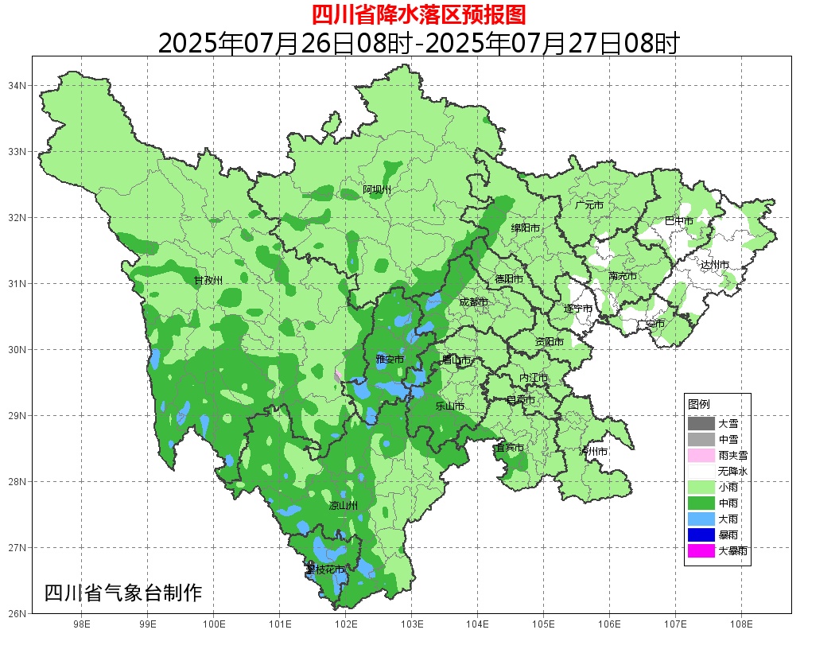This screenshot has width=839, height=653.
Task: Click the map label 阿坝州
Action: pos(378,189)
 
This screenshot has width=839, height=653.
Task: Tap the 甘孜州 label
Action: pos(208,280)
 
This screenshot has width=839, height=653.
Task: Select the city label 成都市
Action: pos(474,302)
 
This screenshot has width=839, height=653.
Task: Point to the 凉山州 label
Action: pos(344,506)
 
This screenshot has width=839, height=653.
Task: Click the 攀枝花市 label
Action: pos(325,569)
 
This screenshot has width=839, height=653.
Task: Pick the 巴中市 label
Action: pos(679,221)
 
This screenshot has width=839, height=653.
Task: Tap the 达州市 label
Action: pos(715,265)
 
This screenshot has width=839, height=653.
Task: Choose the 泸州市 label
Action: pos(593,451)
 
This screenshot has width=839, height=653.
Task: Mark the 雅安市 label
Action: pos(390,360)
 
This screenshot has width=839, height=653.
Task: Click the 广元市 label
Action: pos(589,205)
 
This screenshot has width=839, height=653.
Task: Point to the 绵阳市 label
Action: pos(526,228)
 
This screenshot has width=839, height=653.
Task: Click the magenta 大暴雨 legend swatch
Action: pos(701,550)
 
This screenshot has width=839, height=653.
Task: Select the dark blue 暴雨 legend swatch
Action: pos(701,534)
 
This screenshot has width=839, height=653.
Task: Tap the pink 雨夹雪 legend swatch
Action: pos(701,456)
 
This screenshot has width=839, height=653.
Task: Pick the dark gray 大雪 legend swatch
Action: pos(701,424)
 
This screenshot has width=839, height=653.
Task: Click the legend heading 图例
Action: pos(699,404)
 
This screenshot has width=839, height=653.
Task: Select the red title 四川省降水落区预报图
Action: pos(418,14)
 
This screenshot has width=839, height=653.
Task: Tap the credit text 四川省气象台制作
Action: pos(123,593)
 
